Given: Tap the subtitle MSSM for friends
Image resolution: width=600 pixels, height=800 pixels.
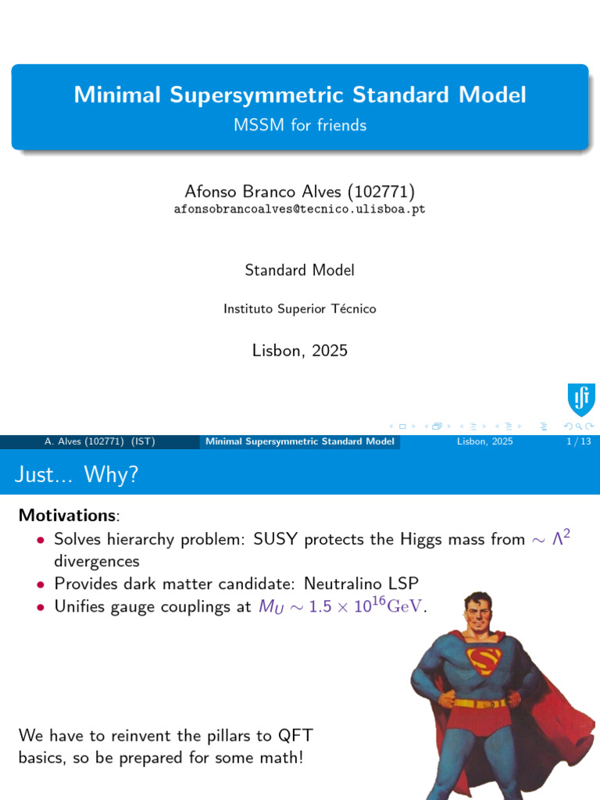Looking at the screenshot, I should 300,125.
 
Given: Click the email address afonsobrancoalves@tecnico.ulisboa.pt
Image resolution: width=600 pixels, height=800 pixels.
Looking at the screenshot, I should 299,209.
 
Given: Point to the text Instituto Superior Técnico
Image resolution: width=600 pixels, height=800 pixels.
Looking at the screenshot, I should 299,309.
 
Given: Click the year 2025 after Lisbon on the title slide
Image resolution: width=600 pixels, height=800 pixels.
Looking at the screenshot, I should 329,351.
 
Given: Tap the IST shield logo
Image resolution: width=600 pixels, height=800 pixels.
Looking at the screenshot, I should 580,399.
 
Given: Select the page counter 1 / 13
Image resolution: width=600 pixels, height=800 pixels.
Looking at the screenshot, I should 577,442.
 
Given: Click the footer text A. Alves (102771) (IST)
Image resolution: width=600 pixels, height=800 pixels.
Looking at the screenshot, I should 99,442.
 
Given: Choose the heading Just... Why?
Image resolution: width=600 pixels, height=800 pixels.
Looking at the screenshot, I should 77,474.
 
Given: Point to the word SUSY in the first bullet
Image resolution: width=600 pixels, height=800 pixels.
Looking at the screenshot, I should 276,539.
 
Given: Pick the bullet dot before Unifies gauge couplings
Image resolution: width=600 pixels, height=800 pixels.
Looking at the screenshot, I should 41,608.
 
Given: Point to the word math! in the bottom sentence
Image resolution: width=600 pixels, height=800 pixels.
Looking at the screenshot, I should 279,757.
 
